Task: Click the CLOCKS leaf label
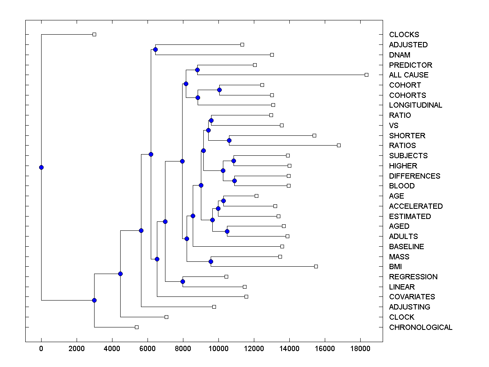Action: point(404,35)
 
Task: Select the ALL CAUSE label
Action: point(409,75)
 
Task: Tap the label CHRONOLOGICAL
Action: point(421,327)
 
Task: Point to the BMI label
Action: point(395,267)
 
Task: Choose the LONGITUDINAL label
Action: point(416,105)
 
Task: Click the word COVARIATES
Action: point(412,297)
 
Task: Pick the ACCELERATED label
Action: point(416,206)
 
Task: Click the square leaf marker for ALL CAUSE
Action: point(366,75)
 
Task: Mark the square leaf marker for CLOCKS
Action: point(94,34)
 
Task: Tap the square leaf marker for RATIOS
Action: point(339,145)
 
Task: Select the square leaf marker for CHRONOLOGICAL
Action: point(137,327)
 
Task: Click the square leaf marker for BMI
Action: point(316,266)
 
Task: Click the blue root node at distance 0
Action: point(41,167)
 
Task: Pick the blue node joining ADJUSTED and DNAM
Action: point(155,49)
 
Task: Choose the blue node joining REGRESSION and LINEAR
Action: point(183,281)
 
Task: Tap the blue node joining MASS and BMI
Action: point(211,261)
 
